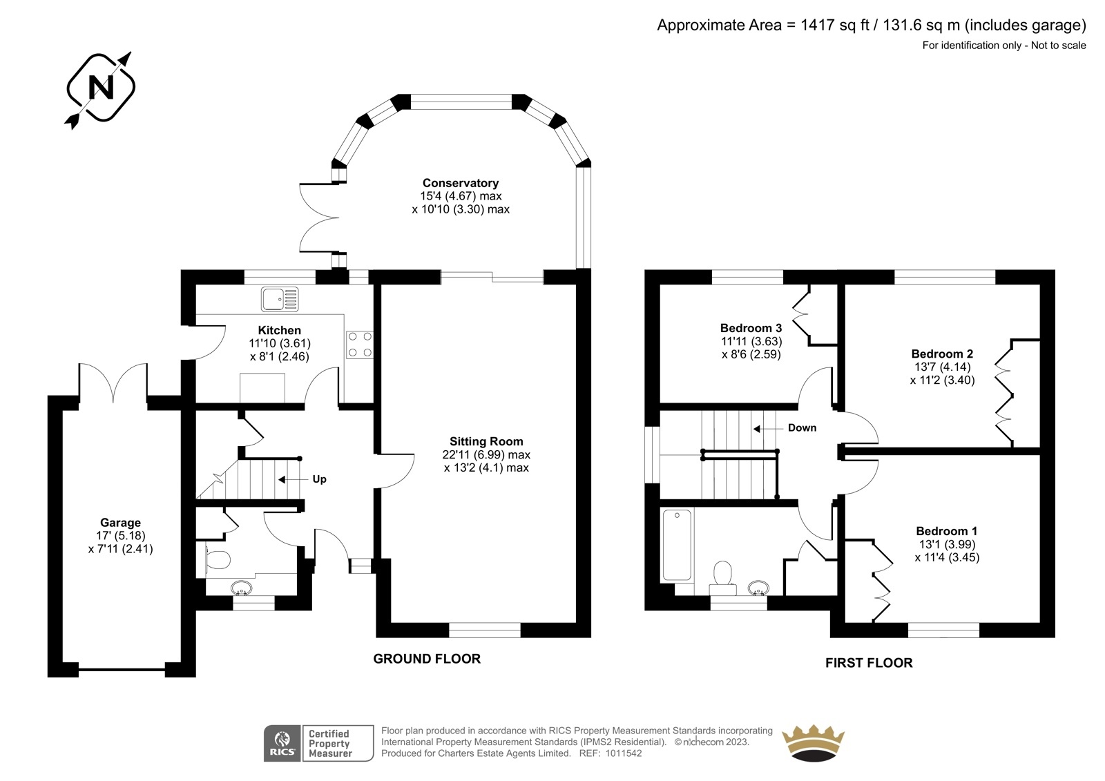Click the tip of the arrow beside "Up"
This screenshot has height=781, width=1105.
pos(278,479)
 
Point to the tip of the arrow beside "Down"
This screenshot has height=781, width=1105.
pos(753,429)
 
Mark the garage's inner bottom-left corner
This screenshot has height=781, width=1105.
pos(63,662)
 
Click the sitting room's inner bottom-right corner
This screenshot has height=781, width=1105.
pos(576,623)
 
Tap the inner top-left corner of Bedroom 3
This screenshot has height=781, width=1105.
pos(660,285)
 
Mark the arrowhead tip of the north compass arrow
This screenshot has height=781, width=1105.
pos(131,52)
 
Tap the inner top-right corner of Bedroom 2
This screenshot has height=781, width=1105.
pos(1040,285)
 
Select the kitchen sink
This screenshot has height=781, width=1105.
pos(280,299)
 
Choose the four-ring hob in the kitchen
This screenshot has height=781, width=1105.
pos(360,345)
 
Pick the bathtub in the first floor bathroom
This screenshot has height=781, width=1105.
pos(677,545)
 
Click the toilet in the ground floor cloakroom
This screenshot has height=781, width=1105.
pos(218,560)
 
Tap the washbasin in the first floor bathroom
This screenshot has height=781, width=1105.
pos(758,588)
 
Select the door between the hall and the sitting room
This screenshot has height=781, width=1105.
pos(394,471)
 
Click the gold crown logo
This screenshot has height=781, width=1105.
pos(813,743)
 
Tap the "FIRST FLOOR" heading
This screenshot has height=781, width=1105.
pos(869,663)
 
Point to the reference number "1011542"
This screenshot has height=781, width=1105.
pos(624,753)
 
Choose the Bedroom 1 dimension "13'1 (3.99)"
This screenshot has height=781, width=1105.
pos(947,544)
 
